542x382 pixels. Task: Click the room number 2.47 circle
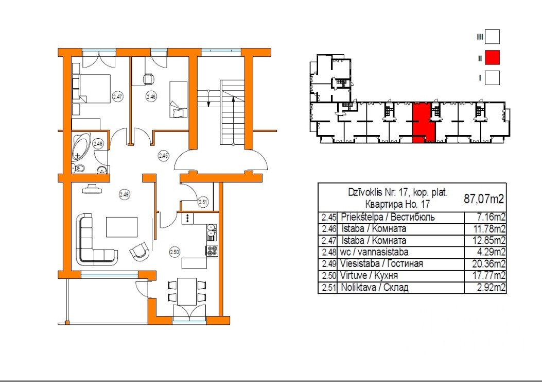coord(118,96)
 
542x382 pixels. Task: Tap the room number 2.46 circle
coord(151,96)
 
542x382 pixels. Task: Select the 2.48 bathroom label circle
coord(98,143)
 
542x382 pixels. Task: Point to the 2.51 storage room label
coord(203,202)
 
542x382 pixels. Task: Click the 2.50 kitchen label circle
coord(175,252)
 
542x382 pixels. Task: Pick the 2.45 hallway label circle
coord(164,156)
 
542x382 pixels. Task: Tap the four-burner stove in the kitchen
coord(212,251)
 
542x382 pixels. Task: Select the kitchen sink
coord(212,232)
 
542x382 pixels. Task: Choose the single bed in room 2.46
coord(179,99)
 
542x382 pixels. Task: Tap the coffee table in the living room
coord(122,227)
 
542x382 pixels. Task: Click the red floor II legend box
coord(492,58)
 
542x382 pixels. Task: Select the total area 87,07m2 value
coord(484,199)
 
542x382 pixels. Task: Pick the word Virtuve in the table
coord(352,276)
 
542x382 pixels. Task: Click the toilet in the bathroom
coord(78,168)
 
